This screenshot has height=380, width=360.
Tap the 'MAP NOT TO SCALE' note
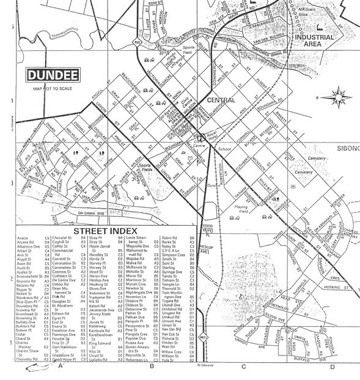[53, 89]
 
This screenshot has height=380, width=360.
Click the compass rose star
[336, 97]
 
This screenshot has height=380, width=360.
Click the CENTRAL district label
[221, 99]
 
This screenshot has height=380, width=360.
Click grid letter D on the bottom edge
[332, 367]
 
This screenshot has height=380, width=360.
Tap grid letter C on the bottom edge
[243, 367]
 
